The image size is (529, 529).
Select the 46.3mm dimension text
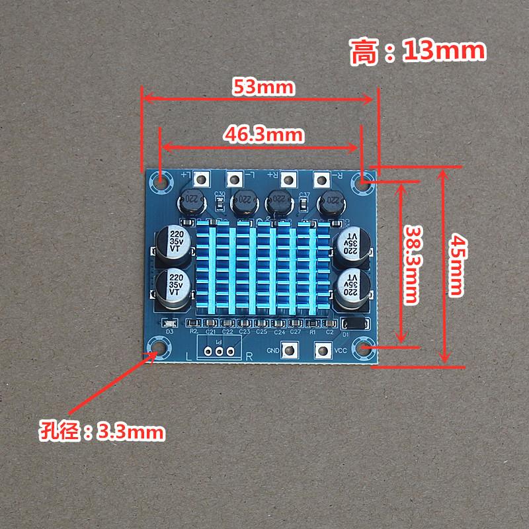pyautogui.click(x=263, y=134)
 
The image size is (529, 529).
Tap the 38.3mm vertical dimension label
pyautogui.click(x=413, y=264)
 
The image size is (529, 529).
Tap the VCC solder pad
pyautogui.click(x=324, y=351)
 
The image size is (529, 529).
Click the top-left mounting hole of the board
pyautogui.click(x=161, y=179)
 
